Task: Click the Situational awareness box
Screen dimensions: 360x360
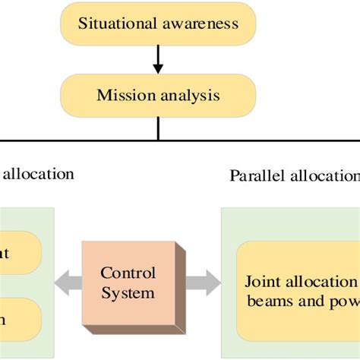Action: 158,23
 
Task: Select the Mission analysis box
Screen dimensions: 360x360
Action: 158,96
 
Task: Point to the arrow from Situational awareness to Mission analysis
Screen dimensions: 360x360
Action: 158,59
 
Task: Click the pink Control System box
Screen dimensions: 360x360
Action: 128,283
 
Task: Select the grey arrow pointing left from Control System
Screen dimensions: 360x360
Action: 71,283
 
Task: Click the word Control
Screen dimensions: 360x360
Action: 128,273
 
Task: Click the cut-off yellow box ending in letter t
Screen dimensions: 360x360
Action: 19,253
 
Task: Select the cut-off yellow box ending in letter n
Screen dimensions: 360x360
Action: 19,319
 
